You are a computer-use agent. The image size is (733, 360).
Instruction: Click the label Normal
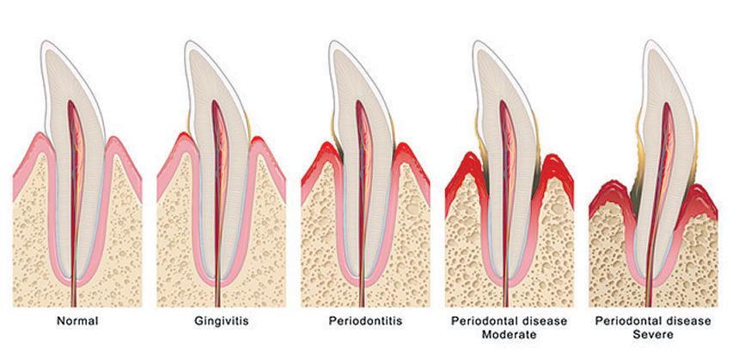(77, 321)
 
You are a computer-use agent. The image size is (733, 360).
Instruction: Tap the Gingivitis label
(221, 321)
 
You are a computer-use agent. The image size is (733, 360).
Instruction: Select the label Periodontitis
(364, 321)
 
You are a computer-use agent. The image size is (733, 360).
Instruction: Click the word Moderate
(509, 334)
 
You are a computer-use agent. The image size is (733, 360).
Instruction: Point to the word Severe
(653, 334)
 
